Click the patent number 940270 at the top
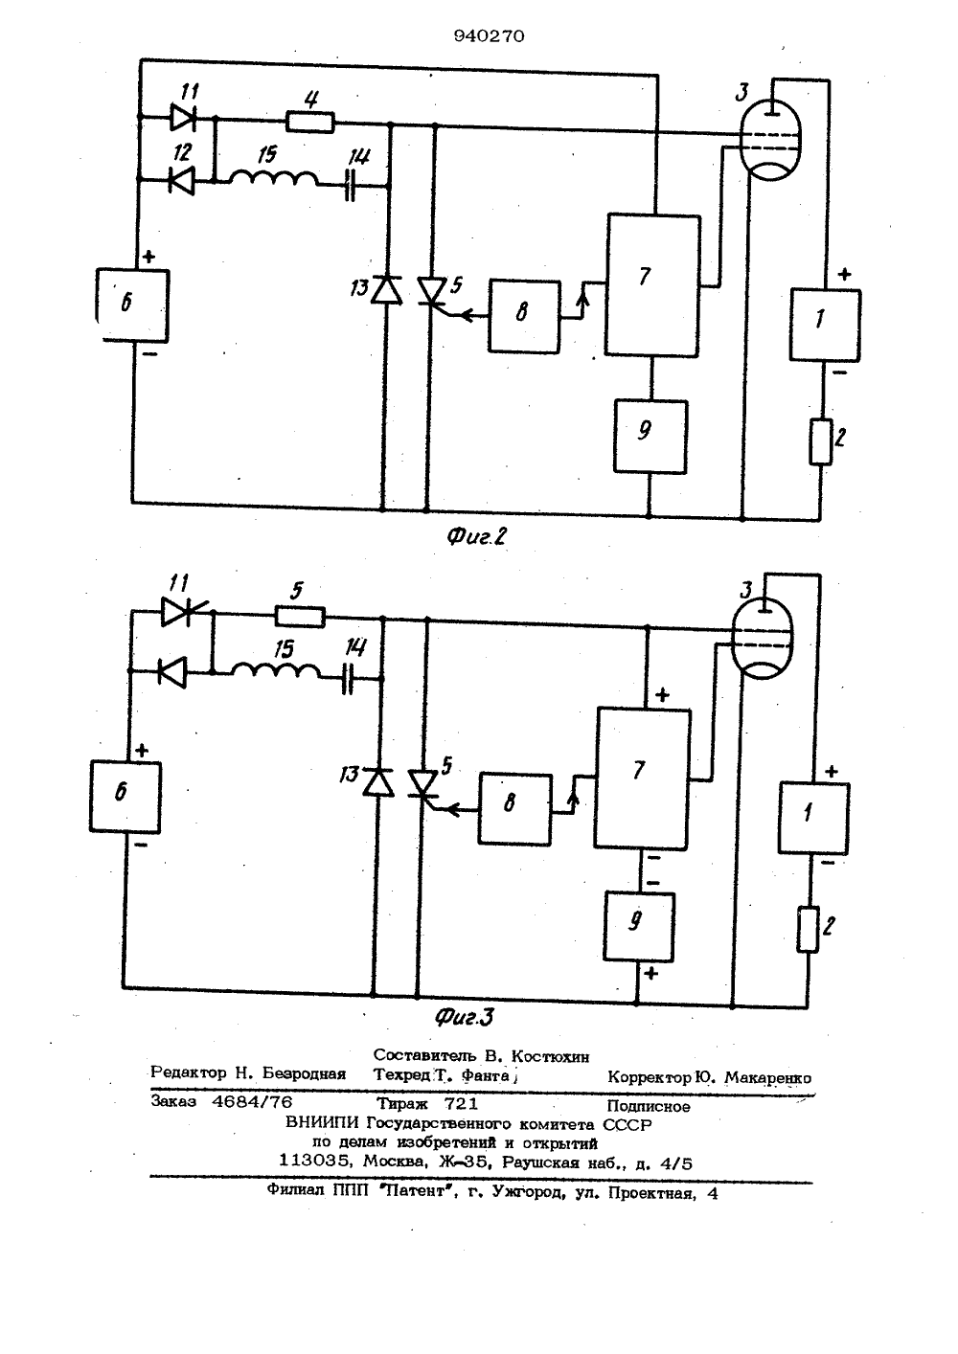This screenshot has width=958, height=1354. pyautogui.click(x=489, y=36)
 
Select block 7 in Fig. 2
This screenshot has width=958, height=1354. pyautogui.click(x=653, y=284)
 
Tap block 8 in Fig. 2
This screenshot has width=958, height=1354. pyautogui.click(x=524, y=316)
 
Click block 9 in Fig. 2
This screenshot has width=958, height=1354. pyautogui.click(x=650, y=436)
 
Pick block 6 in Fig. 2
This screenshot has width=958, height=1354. pyautogui.click(x=132, y=305)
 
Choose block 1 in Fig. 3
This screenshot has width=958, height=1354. pyautogui.click(x=813, y=819)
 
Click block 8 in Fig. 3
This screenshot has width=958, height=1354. pyautogui.click(x=515, y=809)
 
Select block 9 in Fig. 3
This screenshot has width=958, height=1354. pyautogui.click(x=639, y=927)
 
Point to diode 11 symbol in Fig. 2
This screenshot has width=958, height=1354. pyautogui.click(x=183, y=117)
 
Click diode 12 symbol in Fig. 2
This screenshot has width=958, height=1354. pyautogui.click(x=181, y=180)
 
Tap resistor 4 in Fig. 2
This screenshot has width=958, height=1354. pyautogui.click(x=310, y=123)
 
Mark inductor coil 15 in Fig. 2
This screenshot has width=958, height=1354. pyautogui.click(x=273, y=178)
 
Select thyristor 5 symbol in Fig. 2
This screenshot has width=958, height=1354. pyautogui.click(x=433, y=292)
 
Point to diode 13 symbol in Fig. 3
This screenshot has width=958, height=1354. pyautogui.click(x=377, y=782)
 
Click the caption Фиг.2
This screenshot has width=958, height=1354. pyautogui.click(x=476, y=536)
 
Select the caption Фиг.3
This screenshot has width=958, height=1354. pyautogui.click(x=465, y=1017)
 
